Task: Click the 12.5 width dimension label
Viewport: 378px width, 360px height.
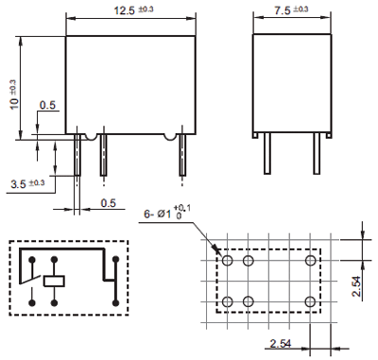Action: pyautogui.click(x=133, y=9)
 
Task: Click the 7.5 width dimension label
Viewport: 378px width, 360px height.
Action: pyautogui.click(x=291, y=9)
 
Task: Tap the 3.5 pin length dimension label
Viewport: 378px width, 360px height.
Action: pyautogui.click(x=27, y=183)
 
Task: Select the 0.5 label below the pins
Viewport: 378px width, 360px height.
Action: pyautogui.click(x=108, y=203)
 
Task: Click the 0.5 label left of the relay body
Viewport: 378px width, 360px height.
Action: pyautogui.click(x=47, y=105)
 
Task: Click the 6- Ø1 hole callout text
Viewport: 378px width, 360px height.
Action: pyautogui.click(x=167, y=212)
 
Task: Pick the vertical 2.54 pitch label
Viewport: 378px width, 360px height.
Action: pyautogui.click(x=357, y=286)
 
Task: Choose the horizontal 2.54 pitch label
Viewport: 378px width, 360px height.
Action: pyautogui.click(x=281, y=343)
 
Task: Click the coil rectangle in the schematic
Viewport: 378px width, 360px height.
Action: pyautogui.click(x=54, y=281)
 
